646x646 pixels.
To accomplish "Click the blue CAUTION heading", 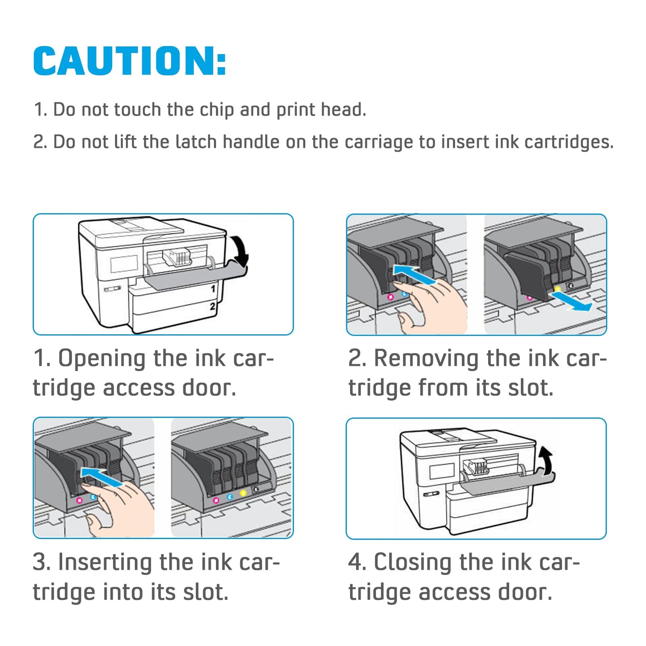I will [x=129, y=61].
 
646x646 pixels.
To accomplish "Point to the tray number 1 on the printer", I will [x=213, y=289].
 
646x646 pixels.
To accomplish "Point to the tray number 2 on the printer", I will [x=213, y=306].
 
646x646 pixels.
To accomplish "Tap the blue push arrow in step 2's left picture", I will [x=414, y=274].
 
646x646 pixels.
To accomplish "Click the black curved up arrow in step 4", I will [x=546, y=460].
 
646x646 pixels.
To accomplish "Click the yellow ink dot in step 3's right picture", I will [x=243, y=493].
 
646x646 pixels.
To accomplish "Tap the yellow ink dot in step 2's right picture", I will [x=557, y=289].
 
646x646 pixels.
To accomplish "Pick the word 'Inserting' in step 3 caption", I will [x=104, y=562].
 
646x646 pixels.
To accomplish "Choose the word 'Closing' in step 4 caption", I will [x=412, y=562].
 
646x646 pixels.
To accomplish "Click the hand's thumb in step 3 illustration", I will [x=95, y=523].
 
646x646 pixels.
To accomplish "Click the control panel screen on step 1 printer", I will [x=124, y=263].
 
